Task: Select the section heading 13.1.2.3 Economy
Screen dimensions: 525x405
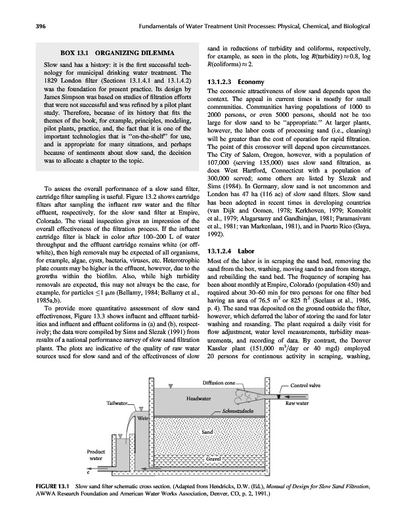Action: point(237,81)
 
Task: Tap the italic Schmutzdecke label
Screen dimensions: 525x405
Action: point(220,411)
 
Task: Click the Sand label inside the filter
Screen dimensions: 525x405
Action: point(207,432)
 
